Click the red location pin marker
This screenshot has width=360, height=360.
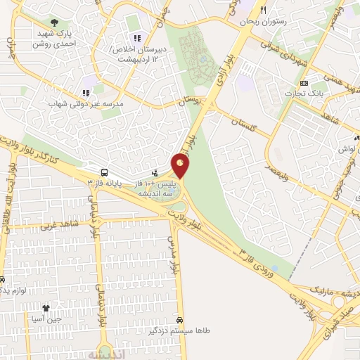[181, 167]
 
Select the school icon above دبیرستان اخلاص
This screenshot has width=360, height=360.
[136, 38]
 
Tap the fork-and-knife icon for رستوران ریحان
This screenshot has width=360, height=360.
[264, 11]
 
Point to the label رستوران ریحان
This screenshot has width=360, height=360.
[264, 22]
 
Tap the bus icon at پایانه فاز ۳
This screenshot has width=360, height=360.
[105, 172]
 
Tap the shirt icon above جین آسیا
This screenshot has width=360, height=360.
[46, 308]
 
